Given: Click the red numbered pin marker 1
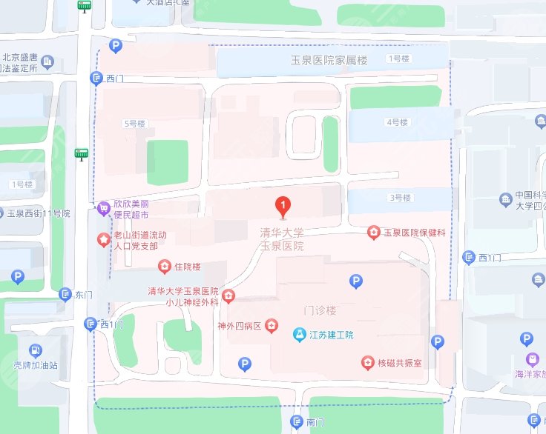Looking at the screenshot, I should pyautogui.click(x=282, y=204).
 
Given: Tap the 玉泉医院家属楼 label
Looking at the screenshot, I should pyautogui.click(x=329, y=61).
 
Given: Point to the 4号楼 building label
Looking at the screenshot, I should pyautogui.click(x=398, y=122).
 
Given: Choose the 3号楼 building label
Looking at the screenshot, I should pyautogui.click(x=399, y=198).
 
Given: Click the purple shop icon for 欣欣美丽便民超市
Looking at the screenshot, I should pyautogui.click(x=102, y=208).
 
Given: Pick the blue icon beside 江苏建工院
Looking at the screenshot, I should pyautogui.click(x=299, y=334).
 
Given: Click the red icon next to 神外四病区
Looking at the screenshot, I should pyautogui.click(x=272, y=324).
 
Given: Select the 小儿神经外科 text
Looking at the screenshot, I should pyautogui.click(x=192, y=302).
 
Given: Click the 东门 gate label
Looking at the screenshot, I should pyautogui.click(x=84, y=294).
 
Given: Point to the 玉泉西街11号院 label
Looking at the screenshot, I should pyautogui.click(x=38, y=213).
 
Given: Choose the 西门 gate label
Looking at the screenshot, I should pyautogui.click(x=115, y=78).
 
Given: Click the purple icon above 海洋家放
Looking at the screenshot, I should pyautogui.click(x=532, y=359).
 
